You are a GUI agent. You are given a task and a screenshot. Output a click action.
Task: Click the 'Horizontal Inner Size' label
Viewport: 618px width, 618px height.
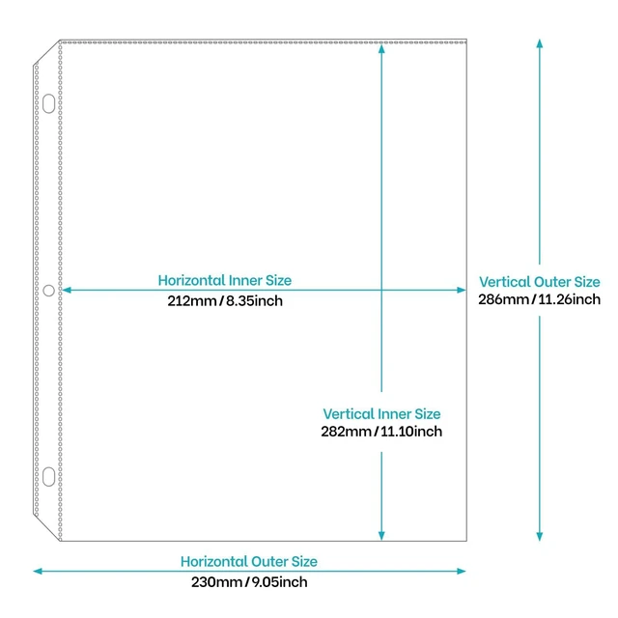225,280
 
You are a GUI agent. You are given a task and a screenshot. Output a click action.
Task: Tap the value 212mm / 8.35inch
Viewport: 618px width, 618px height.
225,300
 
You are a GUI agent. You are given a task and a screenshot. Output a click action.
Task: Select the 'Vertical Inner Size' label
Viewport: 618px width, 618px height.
381,414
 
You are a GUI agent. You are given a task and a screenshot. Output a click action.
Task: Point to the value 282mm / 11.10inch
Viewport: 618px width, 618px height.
381,432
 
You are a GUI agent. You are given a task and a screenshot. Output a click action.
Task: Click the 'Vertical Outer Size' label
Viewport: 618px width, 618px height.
540,282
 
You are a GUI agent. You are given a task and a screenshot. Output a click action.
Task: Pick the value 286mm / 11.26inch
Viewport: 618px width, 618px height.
540,299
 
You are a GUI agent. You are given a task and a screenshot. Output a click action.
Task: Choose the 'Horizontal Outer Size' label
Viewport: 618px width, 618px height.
249,561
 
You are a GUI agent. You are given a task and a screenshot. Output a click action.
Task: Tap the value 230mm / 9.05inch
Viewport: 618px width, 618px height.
249,582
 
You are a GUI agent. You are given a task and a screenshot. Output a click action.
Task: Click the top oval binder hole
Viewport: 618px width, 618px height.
49,103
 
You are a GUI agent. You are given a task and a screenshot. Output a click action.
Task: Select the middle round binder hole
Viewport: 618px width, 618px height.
49,291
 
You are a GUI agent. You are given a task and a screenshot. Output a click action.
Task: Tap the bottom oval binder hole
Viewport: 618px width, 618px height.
49,477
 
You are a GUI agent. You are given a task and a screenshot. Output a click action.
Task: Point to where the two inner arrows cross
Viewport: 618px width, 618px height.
381,290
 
